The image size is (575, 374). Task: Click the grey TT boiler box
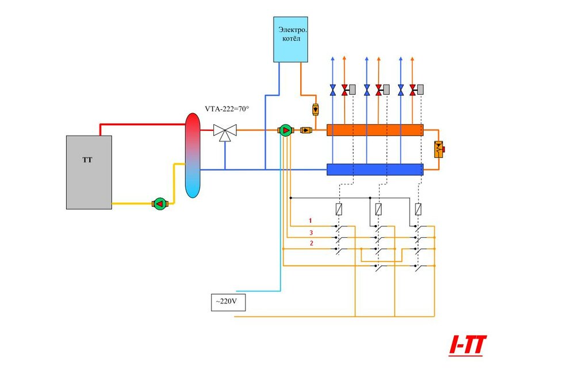pos(89,172)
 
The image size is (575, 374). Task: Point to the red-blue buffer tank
pos(193,155)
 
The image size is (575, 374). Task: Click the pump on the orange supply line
pos(285,130)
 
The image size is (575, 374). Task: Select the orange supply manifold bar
pos(374,130)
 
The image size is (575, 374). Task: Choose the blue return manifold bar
pos(374,169)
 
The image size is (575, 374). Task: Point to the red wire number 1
pos(310,221)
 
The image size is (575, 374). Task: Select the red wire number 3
pos(311,232)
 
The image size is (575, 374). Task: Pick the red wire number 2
pos(311,244)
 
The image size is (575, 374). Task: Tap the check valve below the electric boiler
pos(315,109)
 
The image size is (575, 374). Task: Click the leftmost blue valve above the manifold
pos(333,90)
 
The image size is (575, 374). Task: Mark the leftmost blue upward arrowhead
pos(333,59)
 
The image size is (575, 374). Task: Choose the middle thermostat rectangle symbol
pos(378,209)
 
